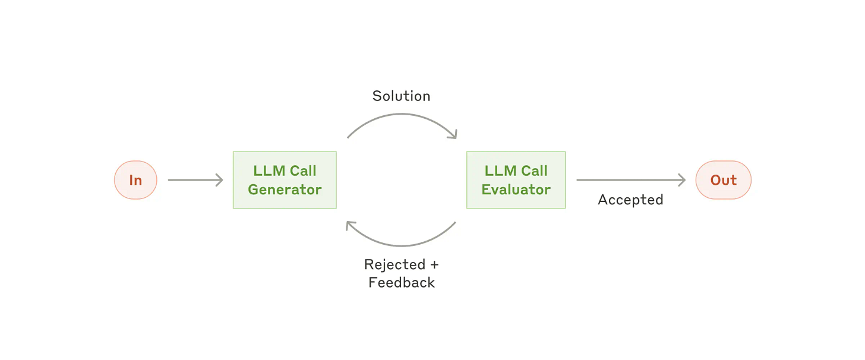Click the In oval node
point(135,180)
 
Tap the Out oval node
point(723,180)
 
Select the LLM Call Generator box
point(285,180)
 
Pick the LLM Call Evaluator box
point(516,180)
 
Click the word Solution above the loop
point(401,96)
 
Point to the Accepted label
point(630,200)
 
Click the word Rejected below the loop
point(394,264)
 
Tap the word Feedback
point(402,283)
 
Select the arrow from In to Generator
point(195,180)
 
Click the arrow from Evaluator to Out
point(630,180)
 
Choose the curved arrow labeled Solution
point(402,116)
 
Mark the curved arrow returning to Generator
point(402,244)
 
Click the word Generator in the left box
point(285,190)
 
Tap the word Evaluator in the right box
point(516,190)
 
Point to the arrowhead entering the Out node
point(682,180)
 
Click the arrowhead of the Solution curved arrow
point(453,134)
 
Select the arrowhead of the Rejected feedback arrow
point(351,226)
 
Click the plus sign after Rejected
point(434,265)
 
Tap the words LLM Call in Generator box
point(285,171)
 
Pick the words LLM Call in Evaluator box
point(516,171)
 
